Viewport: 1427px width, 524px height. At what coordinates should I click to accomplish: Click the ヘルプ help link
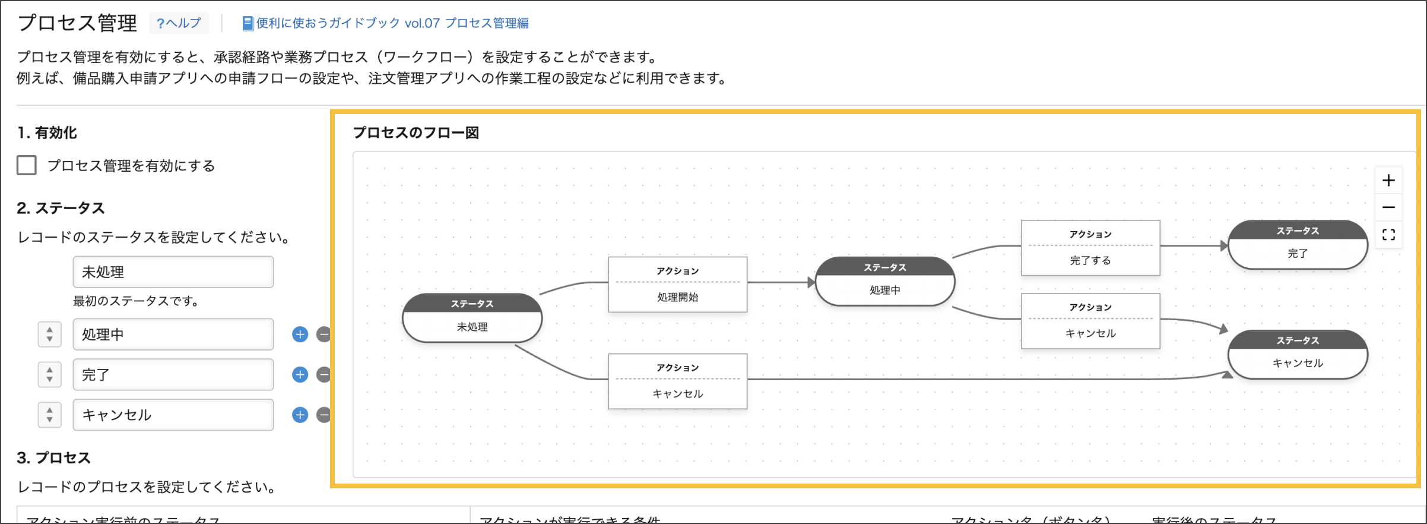click(179, 23)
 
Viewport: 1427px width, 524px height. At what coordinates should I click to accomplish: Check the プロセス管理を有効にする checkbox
click(27, 165)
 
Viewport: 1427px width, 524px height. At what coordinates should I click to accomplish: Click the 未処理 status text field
click(173, 272)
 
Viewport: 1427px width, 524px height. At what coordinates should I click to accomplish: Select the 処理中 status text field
click(173, 334)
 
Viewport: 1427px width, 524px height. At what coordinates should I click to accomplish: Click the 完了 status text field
click(173, 375)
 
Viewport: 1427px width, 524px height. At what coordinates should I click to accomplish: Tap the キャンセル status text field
click(173, 415)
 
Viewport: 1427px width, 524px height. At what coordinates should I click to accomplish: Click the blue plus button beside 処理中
click(300, 334)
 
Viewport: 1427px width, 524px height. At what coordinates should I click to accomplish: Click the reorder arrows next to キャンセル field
click(50, 415)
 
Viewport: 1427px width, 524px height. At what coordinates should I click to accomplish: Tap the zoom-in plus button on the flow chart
click(1388, 181)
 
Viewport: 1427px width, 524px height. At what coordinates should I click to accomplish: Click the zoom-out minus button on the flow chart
click(1388, 207)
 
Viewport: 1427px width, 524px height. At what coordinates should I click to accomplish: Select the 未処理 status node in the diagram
click(472, 318)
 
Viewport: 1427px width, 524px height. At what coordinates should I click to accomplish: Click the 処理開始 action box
click(677, 285)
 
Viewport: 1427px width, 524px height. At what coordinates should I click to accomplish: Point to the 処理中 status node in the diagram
click(884, 282)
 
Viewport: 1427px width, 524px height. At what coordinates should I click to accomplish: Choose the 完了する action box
click(1090, 248)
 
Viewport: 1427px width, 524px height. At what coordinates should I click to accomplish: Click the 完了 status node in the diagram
click(1298, 245)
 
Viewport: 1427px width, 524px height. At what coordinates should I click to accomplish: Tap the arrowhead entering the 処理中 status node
click(811, 283)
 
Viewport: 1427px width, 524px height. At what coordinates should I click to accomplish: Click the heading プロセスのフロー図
click(416, 132)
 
